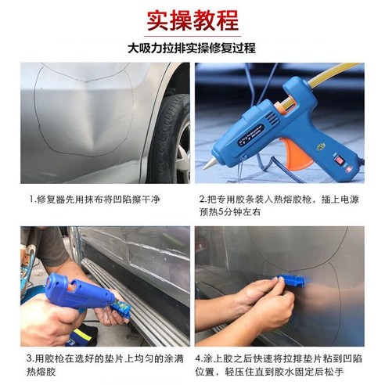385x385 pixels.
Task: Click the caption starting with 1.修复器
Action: click(x=95, y=200)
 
